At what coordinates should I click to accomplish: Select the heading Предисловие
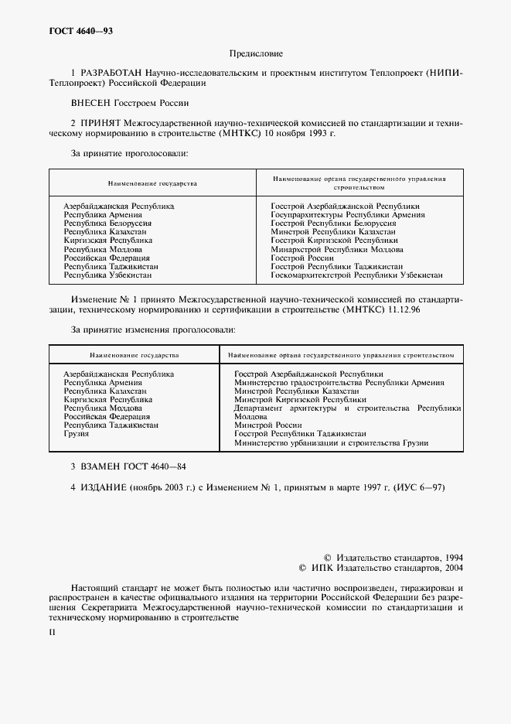[x=256, y=54]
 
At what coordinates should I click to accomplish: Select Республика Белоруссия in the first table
[x=107, y=224]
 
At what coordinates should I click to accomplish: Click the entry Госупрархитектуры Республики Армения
[x=347, y=215]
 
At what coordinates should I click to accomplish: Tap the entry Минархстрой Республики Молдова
[x=336, y=250]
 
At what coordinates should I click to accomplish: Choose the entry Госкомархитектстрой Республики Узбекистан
[x=356, y=275]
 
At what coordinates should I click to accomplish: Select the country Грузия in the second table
[x=76, y=434]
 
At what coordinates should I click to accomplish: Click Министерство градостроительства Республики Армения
[x=339, y=383]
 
